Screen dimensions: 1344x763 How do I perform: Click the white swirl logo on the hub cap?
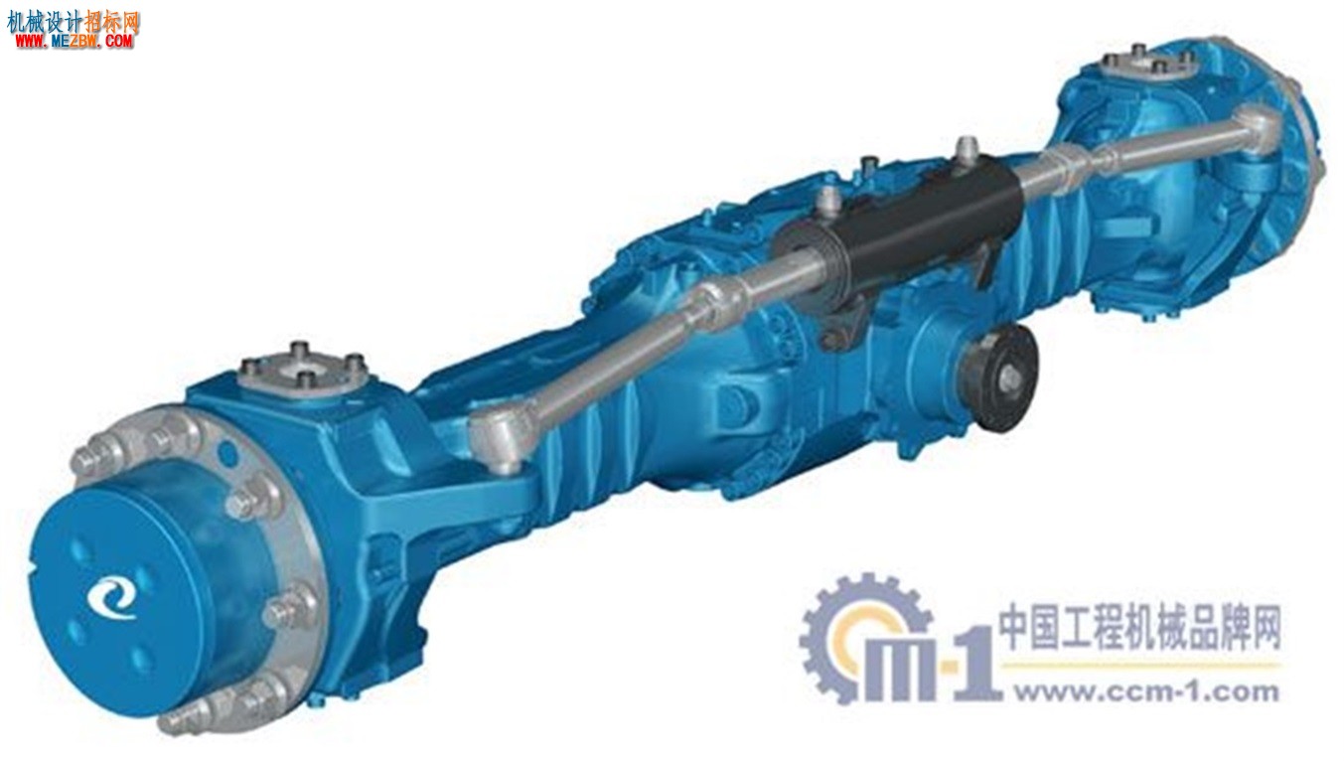tap(111, 597)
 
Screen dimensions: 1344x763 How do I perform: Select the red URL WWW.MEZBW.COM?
tap(75, 41)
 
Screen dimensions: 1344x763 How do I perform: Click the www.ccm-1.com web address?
tap(1146, 692)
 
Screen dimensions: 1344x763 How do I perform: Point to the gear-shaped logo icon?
tap(864, 638)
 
